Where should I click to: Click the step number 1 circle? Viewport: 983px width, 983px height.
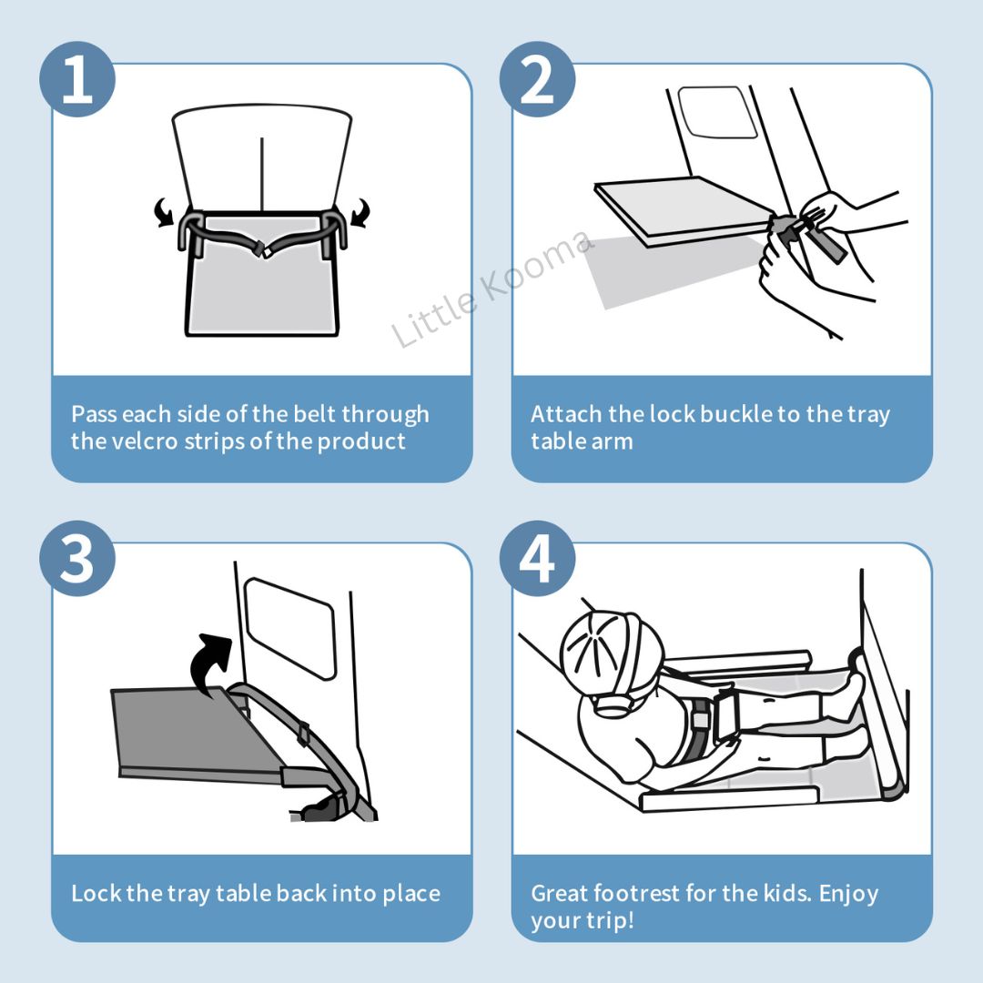77,79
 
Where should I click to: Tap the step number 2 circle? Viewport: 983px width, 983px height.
537,79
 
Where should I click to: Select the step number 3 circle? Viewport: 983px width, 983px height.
77,558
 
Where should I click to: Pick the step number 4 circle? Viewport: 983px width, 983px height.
537,558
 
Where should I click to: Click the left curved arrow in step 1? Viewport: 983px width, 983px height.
164,212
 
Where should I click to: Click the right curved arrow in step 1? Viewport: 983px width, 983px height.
360,212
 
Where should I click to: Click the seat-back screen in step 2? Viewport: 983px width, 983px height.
718,112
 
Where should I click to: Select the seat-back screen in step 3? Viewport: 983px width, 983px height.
290,628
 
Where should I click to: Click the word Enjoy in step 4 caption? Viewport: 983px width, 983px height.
848,894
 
